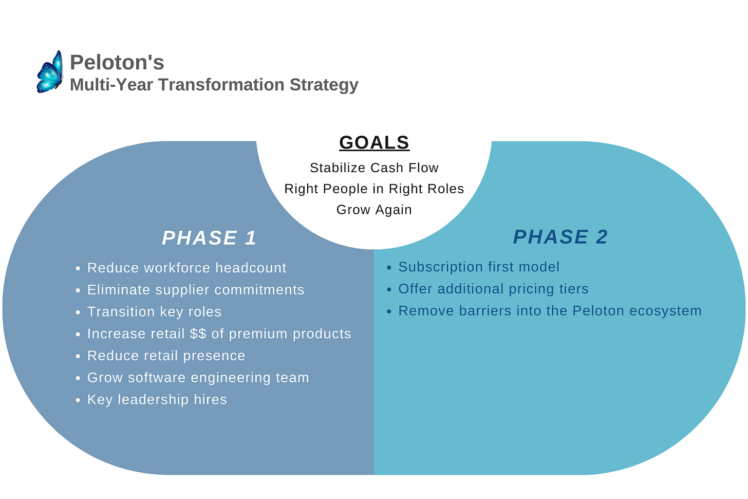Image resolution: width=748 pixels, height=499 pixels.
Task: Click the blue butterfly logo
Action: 50,72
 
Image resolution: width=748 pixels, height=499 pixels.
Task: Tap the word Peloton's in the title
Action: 117,63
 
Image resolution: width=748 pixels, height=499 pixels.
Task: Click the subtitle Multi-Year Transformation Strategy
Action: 214,85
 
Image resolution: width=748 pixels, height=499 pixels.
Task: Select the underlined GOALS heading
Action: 374,142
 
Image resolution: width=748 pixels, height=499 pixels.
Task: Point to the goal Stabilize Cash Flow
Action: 374,168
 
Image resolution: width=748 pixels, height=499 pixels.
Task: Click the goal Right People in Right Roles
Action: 374,189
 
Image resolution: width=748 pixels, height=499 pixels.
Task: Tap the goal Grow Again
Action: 374,210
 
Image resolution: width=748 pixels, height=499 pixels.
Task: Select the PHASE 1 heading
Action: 209,238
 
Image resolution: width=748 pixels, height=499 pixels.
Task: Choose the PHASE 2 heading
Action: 560,237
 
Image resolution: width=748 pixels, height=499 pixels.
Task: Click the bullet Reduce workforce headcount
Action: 186,268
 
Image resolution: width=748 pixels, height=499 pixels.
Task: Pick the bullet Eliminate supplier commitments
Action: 196,290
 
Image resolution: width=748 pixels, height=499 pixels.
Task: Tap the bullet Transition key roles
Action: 154,312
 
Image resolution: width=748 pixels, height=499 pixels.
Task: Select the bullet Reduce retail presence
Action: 166,356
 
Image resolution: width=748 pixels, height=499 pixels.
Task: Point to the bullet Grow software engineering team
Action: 198,378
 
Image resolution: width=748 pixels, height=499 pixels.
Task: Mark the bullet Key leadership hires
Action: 157,400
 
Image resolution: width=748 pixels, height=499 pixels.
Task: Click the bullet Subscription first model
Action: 479,267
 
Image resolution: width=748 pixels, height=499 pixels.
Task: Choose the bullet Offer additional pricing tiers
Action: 493,289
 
